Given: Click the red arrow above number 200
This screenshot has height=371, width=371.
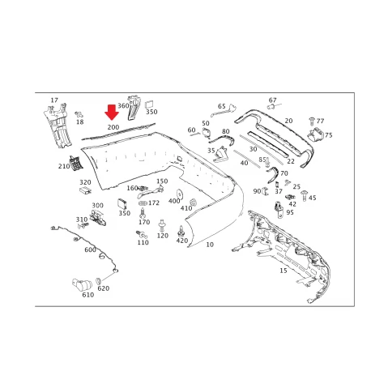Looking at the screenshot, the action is (112, 113).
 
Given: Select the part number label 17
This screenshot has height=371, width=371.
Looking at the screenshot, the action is (54, 100).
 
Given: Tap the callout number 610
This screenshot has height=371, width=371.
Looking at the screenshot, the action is (88, 295).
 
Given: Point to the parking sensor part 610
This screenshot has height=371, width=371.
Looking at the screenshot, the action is (82, 284).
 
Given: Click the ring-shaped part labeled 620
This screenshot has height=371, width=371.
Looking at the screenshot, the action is (99, 281).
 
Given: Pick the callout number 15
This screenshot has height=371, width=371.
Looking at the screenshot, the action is (284, 271).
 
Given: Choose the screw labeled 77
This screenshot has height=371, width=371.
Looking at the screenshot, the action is (312, 121).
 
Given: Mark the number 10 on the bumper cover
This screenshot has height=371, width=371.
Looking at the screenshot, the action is (210, 245).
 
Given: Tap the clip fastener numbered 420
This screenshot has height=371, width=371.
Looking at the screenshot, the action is (181, 231).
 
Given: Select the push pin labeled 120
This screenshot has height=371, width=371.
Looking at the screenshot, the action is (162, 225).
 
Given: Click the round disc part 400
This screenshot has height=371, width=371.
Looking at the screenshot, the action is (179, 194).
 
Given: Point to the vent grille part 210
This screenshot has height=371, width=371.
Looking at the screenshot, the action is (75, 164).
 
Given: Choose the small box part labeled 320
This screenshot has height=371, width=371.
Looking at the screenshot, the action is (85, 190).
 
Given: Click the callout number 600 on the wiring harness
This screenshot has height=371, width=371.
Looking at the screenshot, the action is (90, 249).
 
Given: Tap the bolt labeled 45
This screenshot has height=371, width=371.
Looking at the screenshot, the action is (305, 195).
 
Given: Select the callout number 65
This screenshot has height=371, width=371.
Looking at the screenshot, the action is (222, 106).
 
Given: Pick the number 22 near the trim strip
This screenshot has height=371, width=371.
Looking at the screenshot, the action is (291, 161).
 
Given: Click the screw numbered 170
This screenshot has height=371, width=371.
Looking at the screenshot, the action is (143, 213).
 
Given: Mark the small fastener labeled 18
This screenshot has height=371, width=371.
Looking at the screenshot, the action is (79, 114).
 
